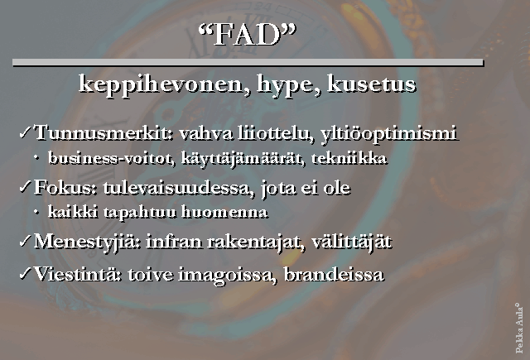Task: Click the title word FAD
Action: coord(247,35)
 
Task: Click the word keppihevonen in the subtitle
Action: coord(161,84)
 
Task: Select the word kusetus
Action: coord(372,84)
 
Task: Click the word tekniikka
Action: coord(349,158)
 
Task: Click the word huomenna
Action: coord(224,212)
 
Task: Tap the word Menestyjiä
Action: coord(88,242)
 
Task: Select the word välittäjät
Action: coord(351,242)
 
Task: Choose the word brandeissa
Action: coord(334,274)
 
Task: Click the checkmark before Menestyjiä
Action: coord(26,241)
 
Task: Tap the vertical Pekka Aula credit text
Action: coord(519,329)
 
